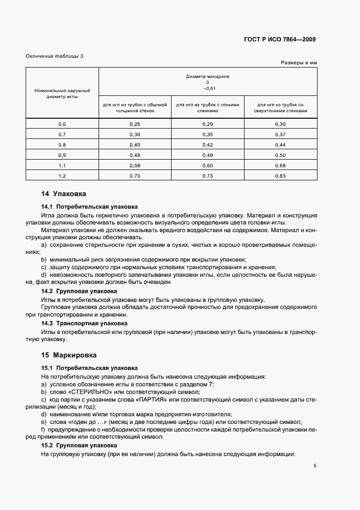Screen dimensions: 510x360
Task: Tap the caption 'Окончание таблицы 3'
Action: click(54, 56)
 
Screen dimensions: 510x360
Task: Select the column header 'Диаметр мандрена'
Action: click(208, 77)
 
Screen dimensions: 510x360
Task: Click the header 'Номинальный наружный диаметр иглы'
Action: click(62, 93)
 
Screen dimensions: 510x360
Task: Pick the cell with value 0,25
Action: click(135, 125)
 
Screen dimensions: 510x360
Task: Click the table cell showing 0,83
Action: click(280, 175)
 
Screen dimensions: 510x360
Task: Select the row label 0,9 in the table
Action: click(62, 155)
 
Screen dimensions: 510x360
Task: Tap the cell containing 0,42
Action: click(208, 145)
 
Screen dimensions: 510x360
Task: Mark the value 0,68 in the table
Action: click(280, 165)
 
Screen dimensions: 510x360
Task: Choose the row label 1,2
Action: click(62, 175)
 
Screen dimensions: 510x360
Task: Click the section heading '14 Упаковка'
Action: click(64, 194)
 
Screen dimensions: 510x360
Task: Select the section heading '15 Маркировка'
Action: click(68, 355)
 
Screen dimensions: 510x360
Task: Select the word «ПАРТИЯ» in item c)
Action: click(172, 399)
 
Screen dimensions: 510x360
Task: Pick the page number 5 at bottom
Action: click(315, 466)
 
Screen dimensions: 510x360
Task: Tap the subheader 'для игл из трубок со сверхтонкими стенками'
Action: click(280, 107)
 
